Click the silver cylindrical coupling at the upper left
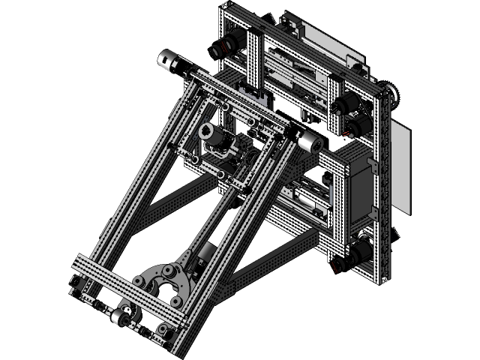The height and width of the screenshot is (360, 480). (x=171, y=62)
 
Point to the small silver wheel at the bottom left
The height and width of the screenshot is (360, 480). (x=120, y=319)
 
